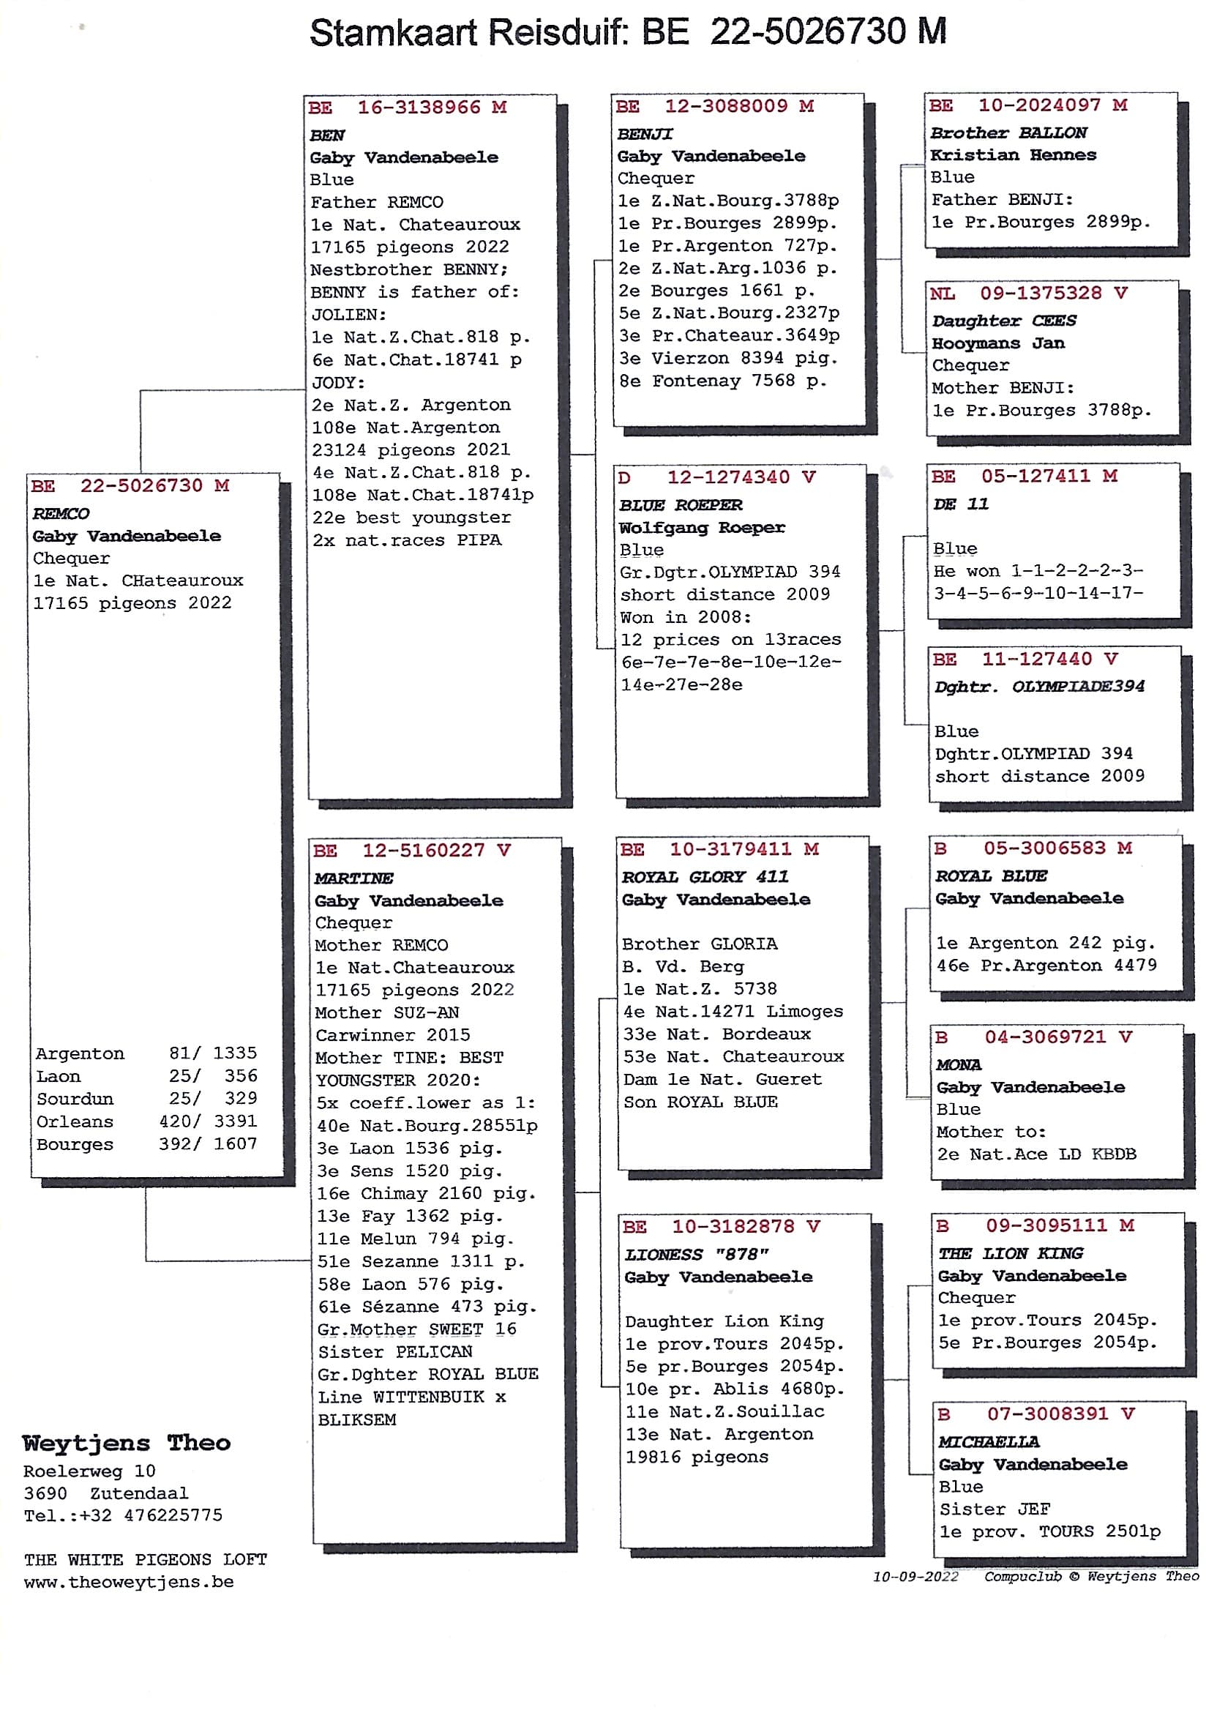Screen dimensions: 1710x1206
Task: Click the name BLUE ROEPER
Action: tap(681, 505)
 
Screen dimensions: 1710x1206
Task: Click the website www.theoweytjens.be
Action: tap(129, 1582)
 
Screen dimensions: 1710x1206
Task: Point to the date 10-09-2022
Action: tap(915, 1577)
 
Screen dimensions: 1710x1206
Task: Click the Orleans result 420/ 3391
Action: tap(208, 1121)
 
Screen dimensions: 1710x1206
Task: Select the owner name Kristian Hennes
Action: tap(1014, 155)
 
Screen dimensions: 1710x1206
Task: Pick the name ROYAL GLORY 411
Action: tap(705, 877)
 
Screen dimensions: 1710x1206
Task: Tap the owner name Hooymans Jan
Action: tap(998, 343)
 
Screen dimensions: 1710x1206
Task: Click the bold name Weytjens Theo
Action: tap(127, 1444)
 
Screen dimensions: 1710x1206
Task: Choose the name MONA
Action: tap(959, 1065)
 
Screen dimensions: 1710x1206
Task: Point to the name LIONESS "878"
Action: tap(696, 1255)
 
